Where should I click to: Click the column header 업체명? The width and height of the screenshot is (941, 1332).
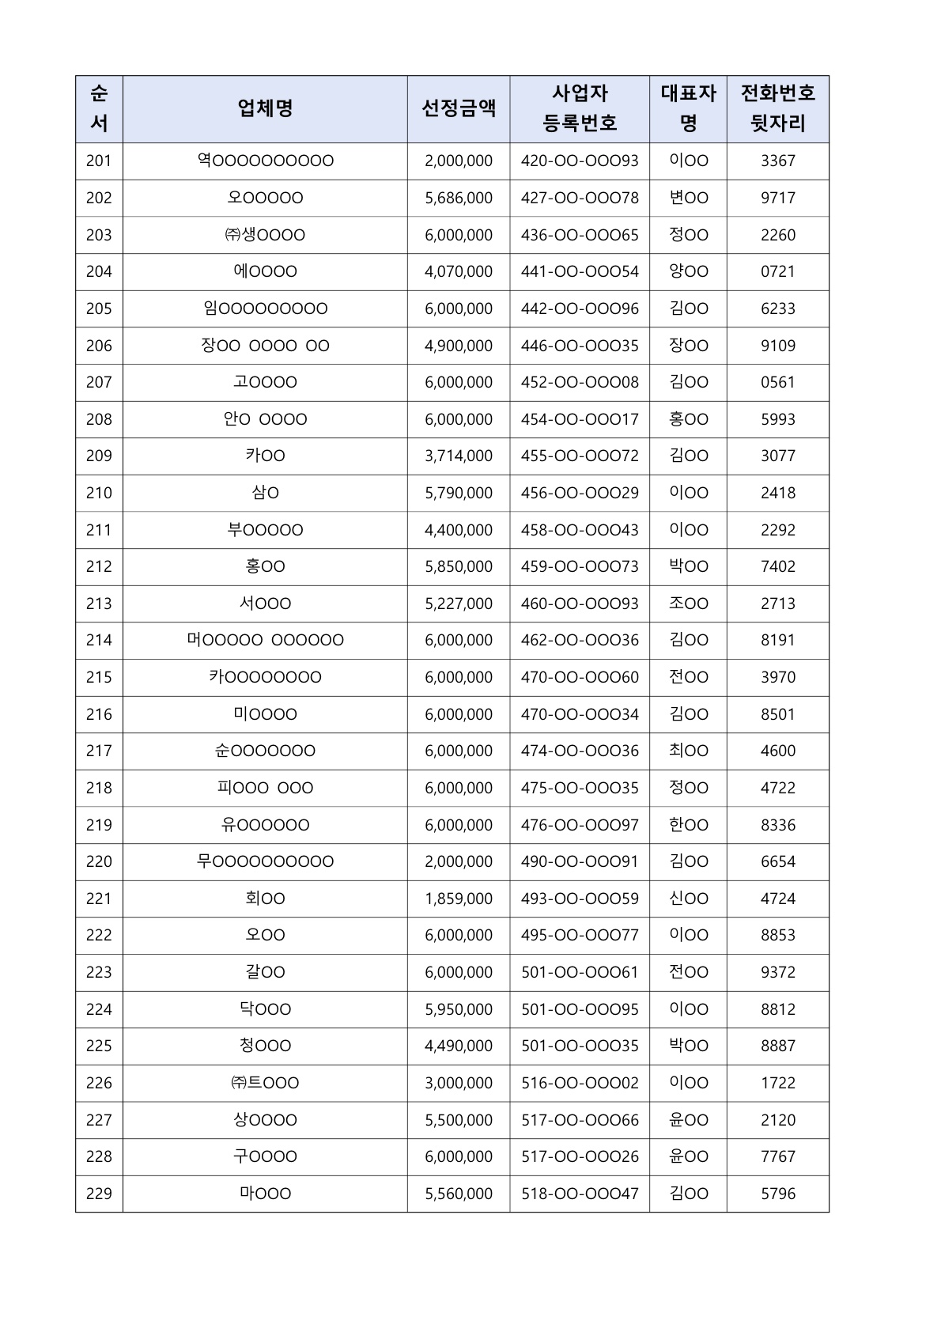[x=265, y=108]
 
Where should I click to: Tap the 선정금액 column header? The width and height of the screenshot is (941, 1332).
[x=459, y=108]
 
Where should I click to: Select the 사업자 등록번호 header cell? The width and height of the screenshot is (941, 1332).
[x=580, y=108]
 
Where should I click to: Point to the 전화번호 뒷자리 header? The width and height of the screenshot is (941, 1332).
[x=777, y=108]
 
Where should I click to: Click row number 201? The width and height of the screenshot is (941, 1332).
[x=99, y=161]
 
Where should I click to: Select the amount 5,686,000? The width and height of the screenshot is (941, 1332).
[x=459, y=198]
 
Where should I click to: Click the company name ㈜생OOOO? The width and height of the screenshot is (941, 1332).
[x=265, y=235]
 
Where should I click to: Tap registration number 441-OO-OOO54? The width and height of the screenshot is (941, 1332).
[x=580, y=271]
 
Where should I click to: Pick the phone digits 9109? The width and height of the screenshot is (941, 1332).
[x=777, y=346]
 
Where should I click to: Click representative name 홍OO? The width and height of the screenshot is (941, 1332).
[x=688, y=419]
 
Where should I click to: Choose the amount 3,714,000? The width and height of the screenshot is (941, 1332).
[x=459, y=456]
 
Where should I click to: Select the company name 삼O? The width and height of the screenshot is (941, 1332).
[x=265, y=493]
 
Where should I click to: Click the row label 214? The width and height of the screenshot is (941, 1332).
[x=99, y=640]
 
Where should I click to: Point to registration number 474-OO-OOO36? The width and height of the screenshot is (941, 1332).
[x=580, y=751]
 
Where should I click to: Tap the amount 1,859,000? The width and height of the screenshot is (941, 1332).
[x=459, y=899]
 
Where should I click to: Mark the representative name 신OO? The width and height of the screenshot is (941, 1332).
[x=688, y=899]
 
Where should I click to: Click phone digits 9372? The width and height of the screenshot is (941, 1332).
[x=777, y=972]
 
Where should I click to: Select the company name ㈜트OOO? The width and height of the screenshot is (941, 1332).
[x=265, y=1083]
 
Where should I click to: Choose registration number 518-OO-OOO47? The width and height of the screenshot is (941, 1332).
[x=580, y=1194]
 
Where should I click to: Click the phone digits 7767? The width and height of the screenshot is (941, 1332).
[x=777, y=1156]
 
